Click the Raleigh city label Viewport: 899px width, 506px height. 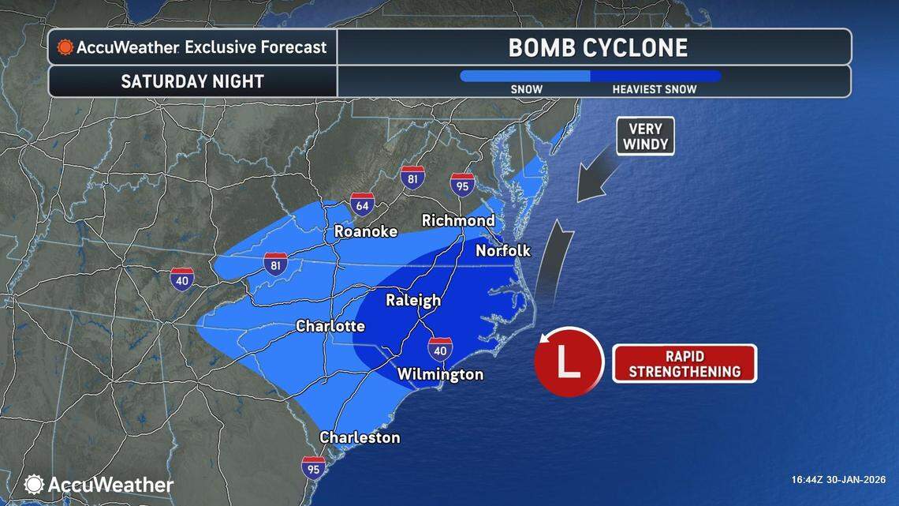click(x=412, y=300)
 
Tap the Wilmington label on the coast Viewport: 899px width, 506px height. click(x=440, y=373)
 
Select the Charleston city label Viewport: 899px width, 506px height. click(x=360, y=437)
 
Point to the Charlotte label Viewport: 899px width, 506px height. click(x=330, y=325)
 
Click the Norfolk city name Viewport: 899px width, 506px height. click(x=503, y=251)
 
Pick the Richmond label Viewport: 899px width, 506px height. click(x=458, y=220)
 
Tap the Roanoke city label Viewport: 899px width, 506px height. click(x=366, y=231)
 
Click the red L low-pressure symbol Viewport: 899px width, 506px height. click(x=568, y=362)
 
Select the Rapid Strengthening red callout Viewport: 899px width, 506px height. click(x=685, y=363)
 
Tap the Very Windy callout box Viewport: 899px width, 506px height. click(x=645, y=136)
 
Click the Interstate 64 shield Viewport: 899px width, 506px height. click(x=363, y=205)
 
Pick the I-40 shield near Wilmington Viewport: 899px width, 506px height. click(x=440, y=347)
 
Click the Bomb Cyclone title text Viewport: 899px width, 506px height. click(x=598, y=47)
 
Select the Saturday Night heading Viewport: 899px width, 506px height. click(x=192, y=81)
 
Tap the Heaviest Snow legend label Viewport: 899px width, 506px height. click(x=655, y=89)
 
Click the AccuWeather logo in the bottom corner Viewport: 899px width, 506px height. click(x=99, y=484)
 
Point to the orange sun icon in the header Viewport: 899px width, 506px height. click(x=65, y=47)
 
